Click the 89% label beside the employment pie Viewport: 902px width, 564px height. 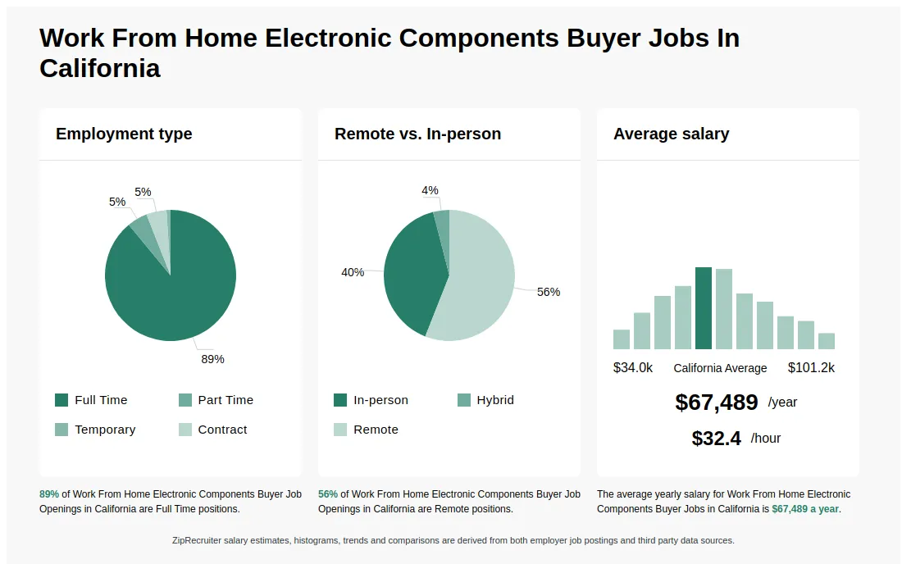tap(212, 359)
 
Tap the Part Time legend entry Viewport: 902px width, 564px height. tap(216, 400)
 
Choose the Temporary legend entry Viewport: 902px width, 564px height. tap(95, 430)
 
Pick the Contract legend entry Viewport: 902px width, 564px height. tap(212, 430)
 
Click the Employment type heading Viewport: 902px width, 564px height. tap(124, 134)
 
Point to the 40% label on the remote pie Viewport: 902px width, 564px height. tap(353, 272)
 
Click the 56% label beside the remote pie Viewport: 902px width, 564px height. tap(549, 292)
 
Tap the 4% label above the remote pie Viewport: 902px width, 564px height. tap(430, 191)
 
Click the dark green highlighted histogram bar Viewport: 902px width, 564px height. tap(704, 308)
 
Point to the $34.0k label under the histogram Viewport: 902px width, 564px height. tap(633, 368)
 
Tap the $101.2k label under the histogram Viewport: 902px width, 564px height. tap(811, 368)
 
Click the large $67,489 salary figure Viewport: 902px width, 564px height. tap(717, 403)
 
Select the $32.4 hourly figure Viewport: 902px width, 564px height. tap(717, 439)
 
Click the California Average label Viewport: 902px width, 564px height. tap(720, 368)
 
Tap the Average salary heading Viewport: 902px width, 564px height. tap(671, 134)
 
